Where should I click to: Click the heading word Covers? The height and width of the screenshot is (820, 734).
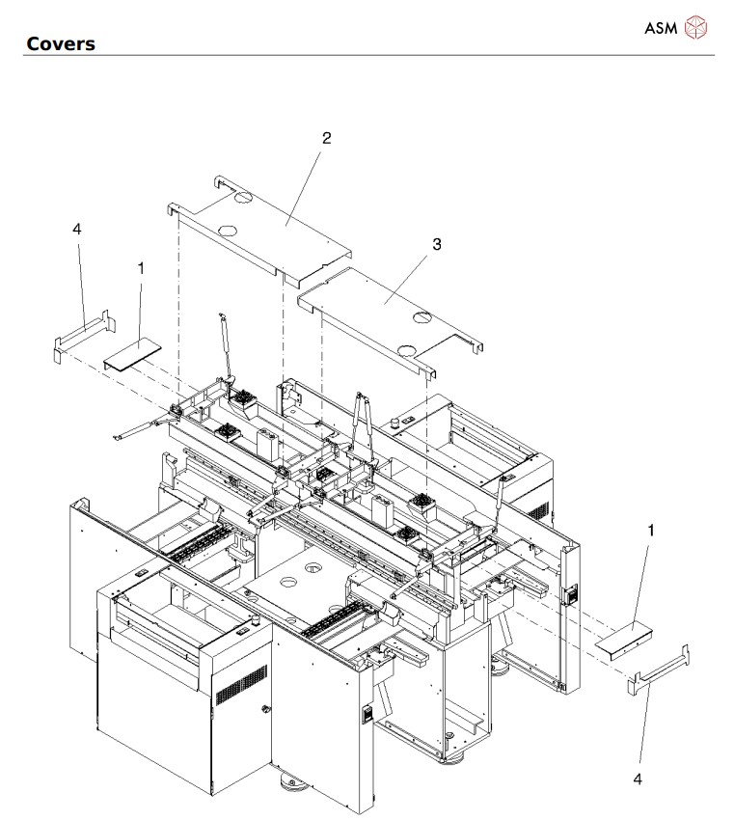tap(60, 43)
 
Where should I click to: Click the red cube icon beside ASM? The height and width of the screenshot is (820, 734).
tap(695, 28)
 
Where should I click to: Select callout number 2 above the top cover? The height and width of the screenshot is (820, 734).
tap(326, 138)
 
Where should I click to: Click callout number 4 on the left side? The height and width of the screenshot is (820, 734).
tap(77, 229)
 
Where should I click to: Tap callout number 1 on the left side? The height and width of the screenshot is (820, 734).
tap(141, 268)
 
